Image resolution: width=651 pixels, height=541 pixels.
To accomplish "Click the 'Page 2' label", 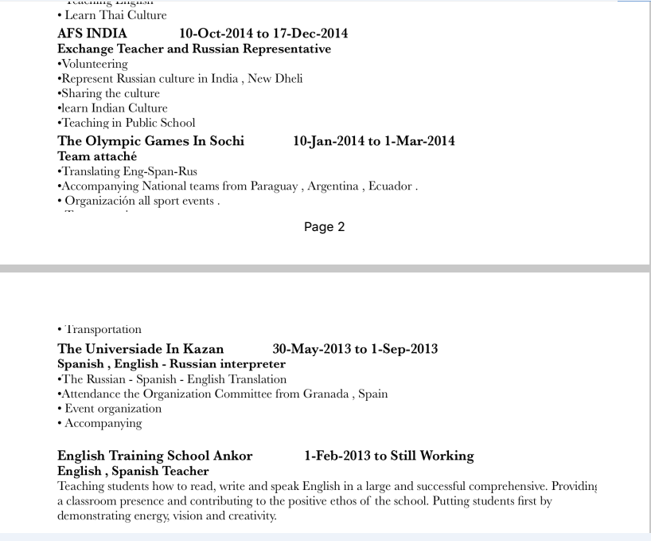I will [324, 227].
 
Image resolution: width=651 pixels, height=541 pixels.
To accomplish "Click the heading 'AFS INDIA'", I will [92, 33].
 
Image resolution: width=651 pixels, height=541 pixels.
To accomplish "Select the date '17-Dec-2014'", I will [310, 33].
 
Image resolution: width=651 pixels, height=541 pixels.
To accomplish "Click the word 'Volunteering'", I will [94, 64].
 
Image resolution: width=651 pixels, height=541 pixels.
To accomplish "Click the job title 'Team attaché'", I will [97, 156].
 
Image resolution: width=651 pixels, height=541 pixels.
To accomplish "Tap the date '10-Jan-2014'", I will [328, 141].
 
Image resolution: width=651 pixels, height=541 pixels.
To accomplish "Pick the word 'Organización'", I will [102, 201].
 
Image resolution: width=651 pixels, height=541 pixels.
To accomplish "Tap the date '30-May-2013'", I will [311, 349].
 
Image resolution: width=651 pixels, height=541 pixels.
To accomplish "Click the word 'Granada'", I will [322, 394].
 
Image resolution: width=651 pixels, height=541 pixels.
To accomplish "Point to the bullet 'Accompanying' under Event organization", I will [103, 423].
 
